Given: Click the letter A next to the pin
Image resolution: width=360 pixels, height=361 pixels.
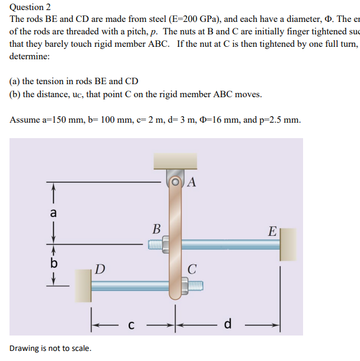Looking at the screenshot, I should (192, 183).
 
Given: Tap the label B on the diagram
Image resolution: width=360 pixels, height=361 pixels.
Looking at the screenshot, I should (156, 229).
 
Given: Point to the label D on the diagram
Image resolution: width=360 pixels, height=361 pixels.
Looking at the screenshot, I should (100, 270).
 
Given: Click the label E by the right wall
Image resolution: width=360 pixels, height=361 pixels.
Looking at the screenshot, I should (272, 231).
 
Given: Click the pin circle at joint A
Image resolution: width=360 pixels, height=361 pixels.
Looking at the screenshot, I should (176, 181).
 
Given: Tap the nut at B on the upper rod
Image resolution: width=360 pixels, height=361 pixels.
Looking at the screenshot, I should (167, 244).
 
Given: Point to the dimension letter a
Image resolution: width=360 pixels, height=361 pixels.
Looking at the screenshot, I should (53, 212).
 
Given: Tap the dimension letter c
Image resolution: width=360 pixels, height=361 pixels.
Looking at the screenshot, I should (132, 325).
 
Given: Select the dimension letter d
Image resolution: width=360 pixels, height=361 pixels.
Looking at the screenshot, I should (228, 325).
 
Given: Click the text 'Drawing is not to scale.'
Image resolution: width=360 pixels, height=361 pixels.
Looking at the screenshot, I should (50, 348).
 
